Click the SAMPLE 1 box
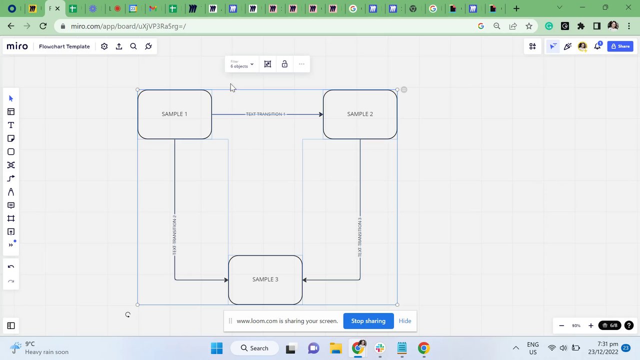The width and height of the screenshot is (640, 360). [174, 114]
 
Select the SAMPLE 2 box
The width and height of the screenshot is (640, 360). [360, 114]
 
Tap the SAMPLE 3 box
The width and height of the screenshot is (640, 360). [265, 279]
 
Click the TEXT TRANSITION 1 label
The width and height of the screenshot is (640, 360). [265, 114]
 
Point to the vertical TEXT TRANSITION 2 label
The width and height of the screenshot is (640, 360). [174, 235]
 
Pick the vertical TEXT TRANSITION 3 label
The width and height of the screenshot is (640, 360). [359, 237]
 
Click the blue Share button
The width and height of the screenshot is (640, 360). [620, 46]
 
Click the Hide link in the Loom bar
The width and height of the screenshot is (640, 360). [405, 321]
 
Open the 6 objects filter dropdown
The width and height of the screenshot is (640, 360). [242, 64]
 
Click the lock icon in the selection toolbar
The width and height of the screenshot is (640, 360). [284, 64]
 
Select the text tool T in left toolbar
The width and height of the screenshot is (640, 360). [11, 125]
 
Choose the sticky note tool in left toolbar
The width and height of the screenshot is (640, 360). [11, 138]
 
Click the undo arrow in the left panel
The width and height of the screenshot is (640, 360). [11, 266]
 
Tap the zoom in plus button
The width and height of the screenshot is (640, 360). [590, 325]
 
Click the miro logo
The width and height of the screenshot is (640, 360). [17, 46]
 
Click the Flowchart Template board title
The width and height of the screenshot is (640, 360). [64, 46]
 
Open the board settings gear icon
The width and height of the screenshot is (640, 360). [104, 46]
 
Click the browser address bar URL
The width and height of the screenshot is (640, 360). [128, 26]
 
